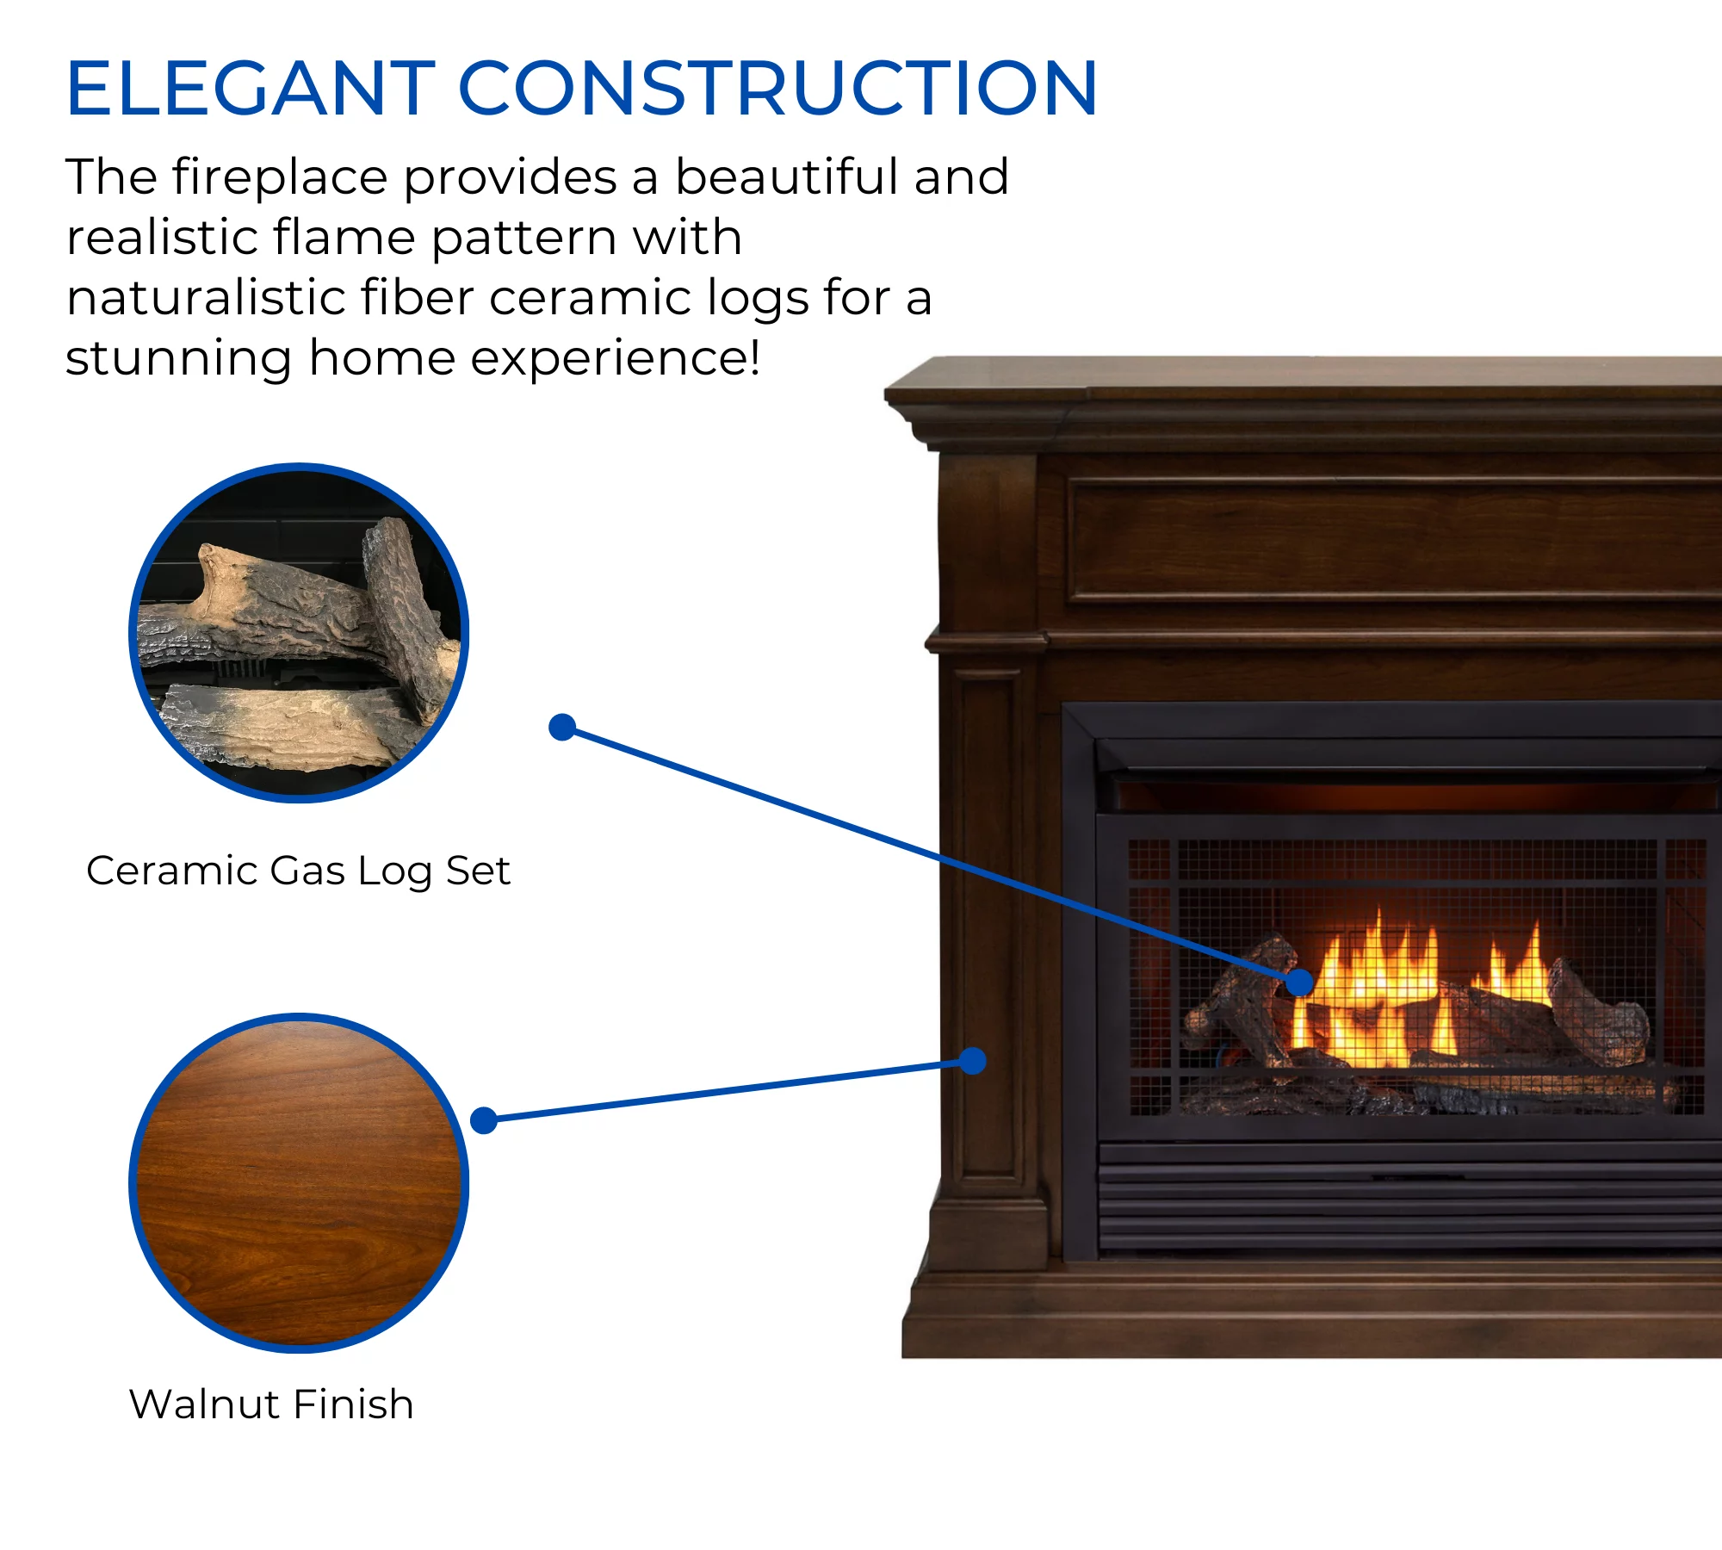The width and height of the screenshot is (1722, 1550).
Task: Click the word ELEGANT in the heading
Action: click(251, 88)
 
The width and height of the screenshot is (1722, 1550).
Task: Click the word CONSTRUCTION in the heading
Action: click(777, 88)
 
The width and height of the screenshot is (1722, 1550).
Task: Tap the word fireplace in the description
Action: click(280, 177)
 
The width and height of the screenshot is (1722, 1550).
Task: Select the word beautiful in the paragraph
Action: click(787, 177)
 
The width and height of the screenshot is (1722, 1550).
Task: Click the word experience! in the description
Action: click(615, 359)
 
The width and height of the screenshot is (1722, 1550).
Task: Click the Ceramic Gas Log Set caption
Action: click(298, 871)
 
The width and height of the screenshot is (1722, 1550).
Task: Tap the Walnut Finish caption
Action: click(271, 1404)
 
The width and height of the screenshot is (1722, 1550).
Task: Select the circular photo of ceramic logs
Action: click(299, 633)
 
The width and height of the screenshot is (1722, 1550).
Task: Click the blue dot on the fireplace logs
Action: click(1299, 982)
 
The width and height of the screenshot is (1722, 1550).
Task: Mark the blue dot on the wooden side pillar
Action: click(972, 1061)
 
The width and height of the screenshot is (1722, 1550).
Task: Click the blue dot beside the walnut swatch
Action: click(484, 1120)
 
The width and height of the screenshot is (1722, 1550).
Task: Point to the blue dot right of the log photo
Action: click(562, 728)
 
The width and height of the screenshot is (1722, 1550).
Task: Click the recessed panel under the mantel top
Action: click(1395, 538)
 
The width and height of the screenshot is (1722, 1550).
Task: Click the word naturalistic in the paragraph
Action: click(206, 298)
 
